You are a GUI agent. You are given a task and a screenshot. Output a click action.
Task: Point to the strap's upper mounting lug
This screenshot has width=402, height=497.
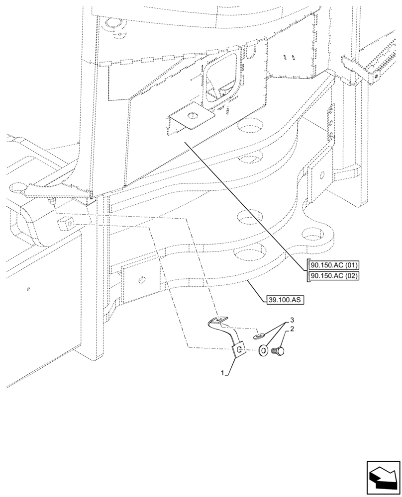pos(218,321)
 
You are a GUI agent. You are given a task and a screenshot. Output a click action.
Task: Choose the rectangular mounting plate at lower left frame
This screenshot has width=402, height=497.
pos(139,282)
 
